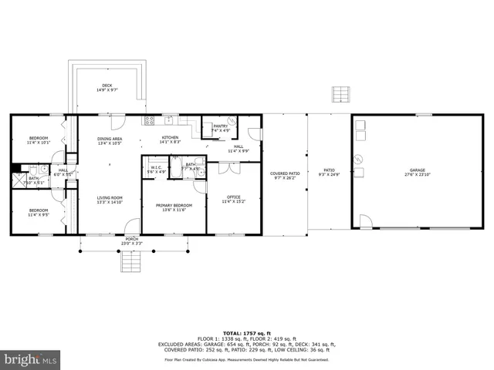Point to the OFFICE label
tap(234, 199)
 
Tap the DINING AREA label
tap(110, 140)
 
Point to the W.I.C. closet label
tap(155, 169)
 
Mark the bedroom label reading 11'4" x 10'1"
tap(38, 140)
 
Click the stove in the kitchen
tap(148, 120)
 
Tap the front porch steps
tap(132, 264)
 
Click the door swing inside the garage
tap(365, 222)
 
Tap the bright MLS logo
tap(31, 358)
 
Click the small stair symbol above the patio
tap(341, 94)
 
